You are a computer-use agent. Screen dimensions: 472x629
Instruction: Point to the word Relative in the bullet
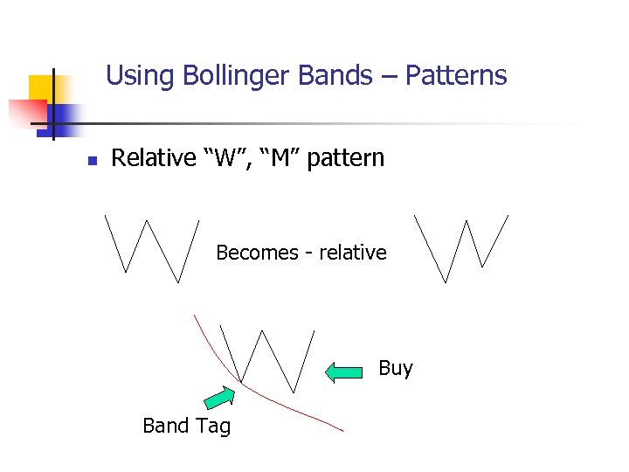tap(154, 158)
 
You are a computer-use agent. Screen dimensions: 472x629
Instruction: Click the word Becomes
tap(257, 253)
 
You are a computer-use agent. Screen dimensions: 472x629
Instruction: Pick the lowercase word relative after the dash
tap(353, 253)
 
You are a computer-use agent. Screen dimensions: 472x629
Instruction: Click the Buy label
tap(395, 368)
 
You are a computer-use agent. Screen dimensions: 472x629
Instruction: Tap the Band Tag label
tap(186, 426)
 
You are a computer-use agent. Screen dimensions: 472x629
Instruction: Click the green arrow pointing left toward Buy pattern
tap(343, 371)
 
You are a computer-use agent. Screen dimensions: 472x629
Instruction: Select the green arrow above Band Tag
tap(219, 398)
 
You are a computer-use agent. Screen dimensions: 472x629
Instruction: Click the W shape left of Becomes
tap(152, 248)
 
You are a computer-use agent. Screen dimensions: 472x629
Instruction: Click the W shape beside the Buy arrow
tap(266, 358)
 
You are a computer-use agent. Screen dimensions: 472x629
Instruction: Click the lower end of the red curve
tap(342, 429)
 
